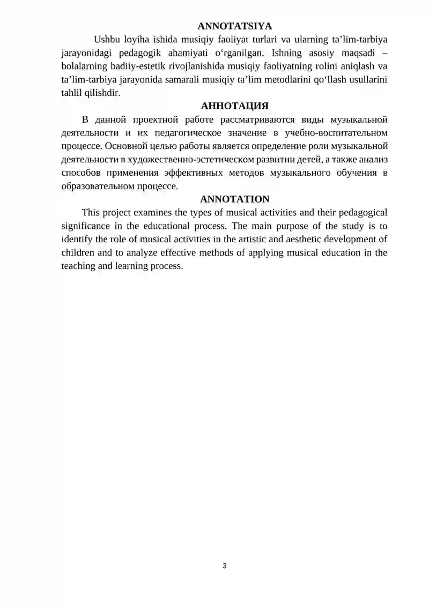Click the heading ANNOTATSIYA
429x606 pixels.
pos(234,26)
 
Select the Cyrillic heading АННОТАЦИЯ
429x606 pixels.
pos(234,106)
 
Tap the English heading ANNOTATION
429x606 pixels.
pos(234,199)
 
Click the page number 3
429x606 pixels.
pos(225,566)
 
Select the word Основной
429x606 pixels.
pos(126,146)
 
